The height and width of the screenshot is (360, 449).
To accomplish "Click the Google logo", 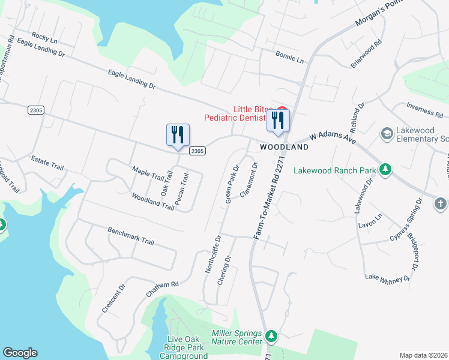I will pyautogui.click(x=20, y=353).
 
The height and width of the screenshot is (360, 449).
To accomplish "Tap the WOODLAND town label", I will pyautogui.click(x=284, y=147).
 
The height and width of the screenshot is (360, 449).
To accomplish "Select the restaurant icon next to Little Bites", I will pyautogui.click(x=278, y=120).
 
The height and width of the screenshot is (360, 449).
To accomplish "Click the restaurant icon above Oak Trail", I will pyautogui.click(x=178, y=136).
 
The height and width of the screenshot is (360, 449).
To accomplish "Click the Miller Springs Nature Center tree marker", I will pyautogui.click(x=271, y=335).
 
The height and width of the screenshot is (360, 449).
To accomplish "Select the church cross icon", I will pyautogui.click(x=441, y=203).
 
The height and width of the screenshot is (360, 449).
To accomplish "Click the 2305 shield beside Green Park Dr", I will pyautogui.click(x=198, y=151).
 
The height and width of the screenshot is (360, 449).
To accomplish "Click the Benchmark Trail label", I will pyautogui.click(x=131, y=235).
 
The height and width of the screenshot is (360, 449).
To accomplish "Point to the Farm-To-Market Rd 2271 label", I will pyautogui.click(x=267, y=197).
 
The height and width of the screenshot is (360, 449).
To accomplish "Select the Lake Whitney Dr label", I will pyautogui.click(x=388, y=277).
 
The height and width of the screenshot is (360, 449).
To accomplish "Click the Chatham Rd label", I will pyautogui.click(x=162, y=289).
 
